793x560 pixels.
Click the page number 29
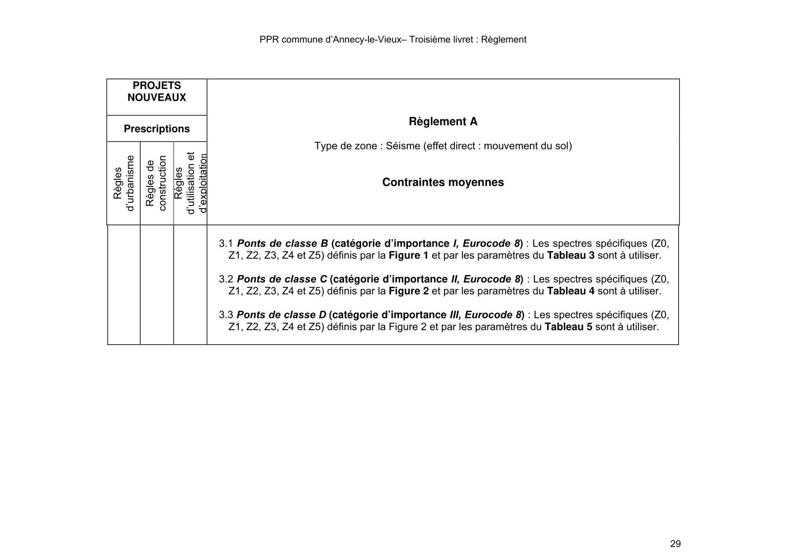click(x=675, y=544)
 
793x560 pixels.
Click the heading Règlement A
click(x=443, y=121)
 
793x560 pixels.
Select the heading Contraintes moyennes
click(x=443, y=182)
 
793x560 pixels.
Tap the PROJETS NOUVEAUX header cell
click(x=156, y=92)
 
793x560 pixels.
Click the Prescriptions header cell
click(x=156, y=129)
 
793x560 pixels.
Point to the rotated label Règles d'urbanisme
click(x=123, y=183)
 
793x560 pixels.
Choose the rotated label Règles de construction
click(x=156, y=183)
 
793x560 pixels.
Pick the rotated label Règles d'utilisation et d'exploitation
click(x=190, y=183)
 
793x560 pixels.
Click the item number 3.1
click(x=226, y=243)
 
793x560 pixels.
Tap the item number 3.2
click(x=226, y=279)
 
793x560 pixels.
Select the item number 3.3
click(x=226, y=315)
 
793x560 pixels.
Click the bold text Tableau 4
click(x=570, y=291)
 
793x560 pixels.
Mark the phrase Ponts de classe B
click(x=282, y=243)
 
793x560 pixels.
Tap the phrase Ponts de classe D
click(x=281, y=315)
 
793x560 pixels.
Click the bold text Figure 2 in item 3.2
click(x=408, y=291)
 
